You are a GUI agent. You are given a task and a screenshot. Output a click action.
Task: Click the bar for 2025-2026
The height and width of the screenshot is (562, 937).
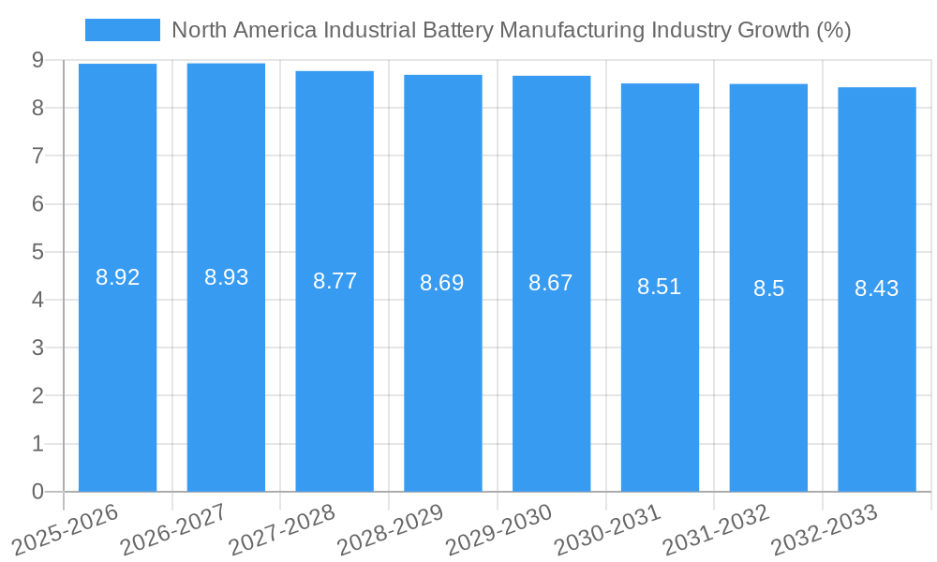[x=117, y=375]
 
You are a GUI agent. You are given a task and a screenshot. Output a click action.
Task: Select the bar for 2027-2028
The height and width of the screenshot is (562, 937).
[x=335, y=375]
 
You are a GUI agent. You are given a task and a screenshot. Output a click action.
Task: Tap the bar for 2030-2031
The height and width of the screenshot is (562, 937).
[x=660, y=375]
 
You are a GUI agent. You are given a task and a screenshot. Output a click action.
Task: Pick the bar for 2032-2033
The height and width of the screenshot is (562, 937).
[x=876, y=375]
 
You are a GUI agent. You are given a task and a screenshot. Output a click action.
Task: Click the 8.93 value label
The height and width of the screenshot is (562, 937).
[x=226, y=277]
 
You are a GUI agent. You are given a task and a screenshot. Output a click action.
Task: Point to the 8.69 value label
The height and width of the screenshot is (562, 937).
[x=442, y=283]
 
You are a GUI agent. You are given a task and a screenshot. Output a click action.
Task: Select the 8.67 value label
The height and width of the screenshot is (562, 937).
[x=551, y=283]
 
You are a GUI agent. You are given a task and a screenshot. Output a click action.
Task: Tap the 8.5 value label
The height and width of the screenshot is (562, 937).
[x=768, y=288]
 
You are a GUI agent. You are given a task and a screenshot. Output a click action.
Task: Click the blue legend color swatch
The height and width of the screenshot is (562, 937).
[x=123, y=30]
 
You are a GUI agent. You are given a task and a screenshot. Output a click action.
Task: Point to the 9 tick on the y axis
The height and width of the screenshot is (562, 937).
[x=37, y=60]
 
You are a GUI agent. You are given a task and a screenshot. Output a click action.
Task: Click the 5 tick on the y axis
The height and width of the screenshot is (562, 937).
[x=37, y=252]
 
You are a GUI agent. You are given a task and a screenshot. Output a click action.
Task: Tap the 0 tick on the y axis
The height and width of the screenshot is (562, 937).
[x=37, y=492]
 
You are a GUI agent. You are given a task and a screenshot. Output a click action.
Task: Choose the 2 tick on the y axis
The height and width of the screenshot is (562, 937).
[x=37, y=396]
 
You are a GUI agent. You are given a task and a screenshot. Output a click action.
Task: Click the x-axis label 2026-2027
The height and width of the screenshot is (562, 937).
[x=173, y=529]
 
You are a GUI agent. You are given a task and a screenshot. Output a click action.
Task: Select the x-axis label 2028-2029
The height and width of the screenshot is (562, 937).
[x=390, y=529]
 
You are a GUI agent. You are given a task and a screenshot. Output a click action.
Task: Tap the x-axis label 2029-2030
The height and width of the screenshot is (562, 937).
[x=498, y=529]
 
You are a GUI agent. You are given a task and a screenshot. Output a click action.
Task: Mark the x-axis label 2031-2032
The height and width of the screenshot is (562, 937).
[x=716, y=529]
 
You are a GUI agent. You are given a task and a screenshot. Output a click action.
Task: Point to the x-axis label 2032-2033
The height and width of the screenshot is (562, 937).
[x=824, y=529]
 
